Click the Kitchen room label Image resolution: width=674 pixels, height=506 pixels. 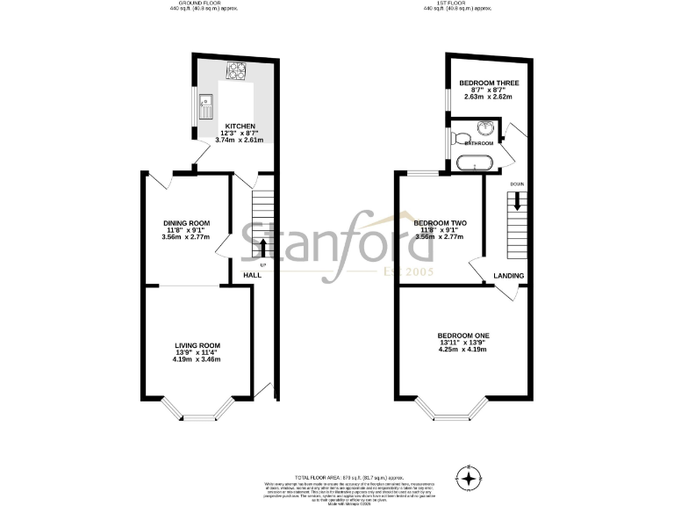(240, 126)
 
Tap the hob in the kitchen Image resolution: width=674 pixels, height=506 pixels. (238, 69)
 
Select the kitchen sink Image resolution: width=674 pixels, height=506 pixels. (207, 105)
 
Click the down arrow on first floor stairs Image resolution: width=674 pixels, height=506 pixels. (518, 199)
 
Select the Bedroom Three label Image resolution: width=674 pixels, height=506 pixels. (489, 83)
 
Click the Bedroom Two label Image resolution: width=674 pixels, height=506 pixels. (440, 223)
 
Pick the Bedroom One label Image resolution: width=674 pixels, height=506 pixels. (463, 336)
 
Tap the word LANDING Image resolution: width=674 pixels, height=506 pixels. (509, 276)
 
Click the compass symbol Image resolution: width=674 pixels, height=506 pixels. (471, 479)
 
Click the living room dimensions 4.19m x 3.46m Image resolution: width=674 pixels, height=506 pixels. (197, 359)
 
